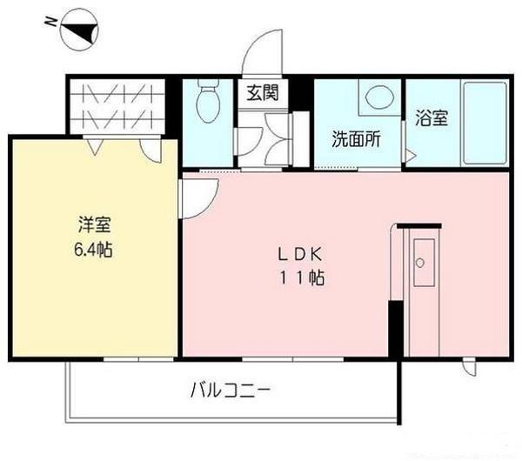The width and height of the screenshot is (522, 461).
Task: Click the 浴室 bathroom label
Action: (431, 117)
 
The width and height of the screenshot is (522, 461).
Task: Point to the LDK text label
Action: (300, 255)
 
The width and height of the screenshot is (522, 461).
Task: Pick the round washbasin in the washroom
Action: (378, 97)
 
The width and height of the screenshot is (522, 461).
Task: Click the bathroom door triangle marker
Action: (409, 154)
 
